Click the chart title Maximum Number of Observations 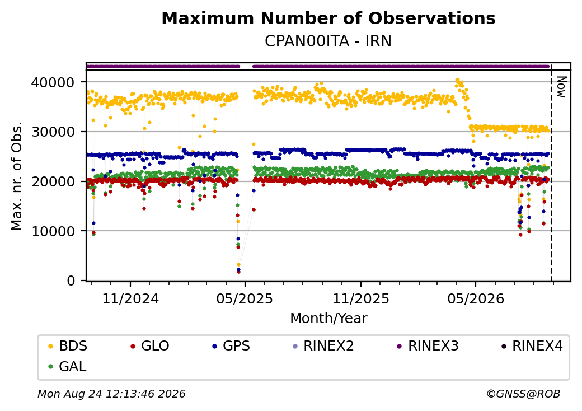pyautogui.click(x=328, y=18)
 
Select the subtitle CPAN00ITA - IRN pyautogui.click(x=328, y=41)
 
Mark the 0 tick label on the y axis pyautogui.click(x=71, y=281)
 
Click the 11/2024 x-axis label pyautogui.click(x=130, y=298)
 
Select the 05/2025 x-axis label pyautogui.click(x=245, y=298)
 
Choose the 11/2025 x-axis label pyautogui.click(x=361, y=298)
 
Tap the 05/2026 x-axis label pyautogui.click(x=476, y=298)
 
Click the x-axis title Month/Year pyautogui.click(x=328, y=319)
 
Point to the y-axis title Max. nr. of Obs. pyautogui.click(x=17, y=175)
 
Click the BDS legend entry pyautogui.click(x=68, y=346)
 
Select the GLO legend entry pyautogui.click(x=150, y=346)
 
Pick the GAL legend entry pyautogui.click(x=68, y=366)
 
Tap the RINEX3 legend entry pyautogui.click(x=428, y=346)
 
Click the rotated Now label pyautogui.click(x=562, y=87)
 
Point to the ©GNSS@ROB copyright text pyautogui.click(x=523, y=394)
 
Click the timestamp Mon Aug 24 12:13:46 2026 pyautogui.click(x=111, y=394)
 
